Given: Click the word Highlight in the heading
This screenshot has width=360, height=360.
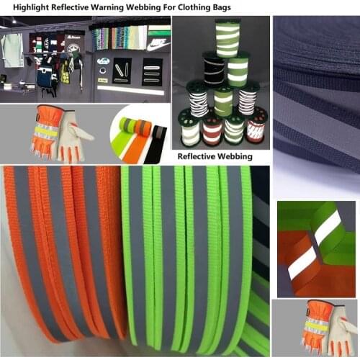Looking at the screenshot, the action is click(x=31, y=7).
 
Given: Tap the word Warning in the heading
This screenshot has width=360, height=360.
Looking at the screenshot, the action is click(x=107, y=7).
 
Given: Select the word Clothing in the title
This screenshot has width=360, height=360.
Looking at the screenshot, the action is click(x=194, y=7).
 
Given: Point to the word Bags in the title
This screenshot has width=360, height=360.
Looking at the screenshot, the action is click(x=222, y=7).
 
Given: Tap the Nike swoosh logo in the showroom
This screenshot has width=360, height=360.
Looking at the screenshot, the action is click(x=158, y=45).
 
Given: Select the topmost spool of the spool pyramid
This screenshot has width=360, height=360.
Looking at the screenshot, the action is click(x=228, y=38).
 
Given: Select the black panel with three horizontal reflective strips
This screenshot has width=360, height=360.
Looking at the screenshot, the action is click(x=152, y=72).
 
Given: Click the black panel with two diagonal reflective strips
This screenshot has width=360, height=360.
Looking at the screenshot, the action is click(x=122, y=71).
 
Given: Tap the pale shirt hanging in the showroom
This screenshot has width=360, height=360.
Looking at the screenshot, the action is click(x=12, y=50).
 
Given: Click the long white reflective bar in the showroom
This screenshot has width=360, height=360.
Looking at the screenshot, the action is click(x=131, y=91).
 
